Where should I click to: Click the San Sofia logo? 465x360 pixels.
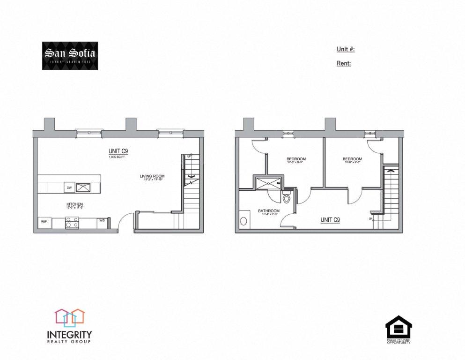point(70,56)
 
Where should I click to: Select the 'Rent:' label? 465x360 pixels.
point(343,63)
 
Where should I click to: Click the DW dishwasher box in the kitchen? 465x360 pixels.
point(68,188)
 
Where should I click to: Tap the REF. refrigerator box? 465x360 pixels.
point(44,222)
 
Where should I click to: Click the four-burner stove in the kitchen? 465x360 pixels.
point(72,222)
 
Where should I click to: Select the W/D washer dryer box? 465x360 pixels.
point(102,221)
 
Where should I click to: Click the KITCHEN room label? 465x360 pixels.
point(74,204)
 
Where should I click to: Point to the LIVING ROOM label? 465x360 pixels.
point(152,177)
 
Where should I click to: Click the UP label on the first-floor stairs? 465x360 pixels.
point(189,157)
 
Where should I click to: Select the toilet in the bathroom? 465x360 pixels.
point(288,198)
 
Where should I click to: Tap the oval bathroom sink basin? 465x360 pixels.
point(243,221)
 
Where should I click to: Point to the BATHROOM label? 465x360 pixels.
point(269,211)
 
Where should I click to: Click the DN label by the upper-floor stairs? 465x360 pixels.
point(371,219)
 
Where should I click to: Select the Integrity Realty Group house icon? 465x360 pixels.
point(69,317)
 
